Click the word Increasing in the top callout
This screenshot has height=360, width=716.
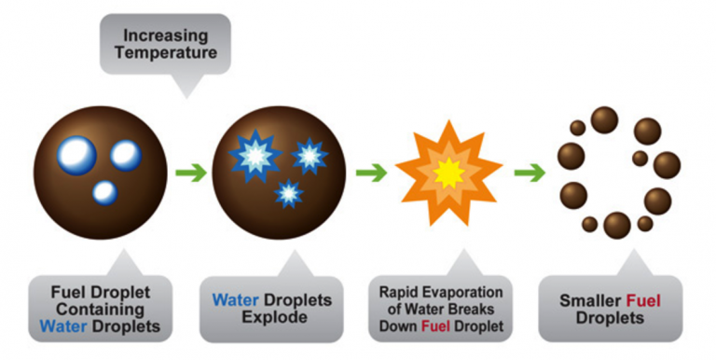point(165,35)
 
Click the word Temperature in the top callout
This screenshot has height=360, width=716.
point(166,52)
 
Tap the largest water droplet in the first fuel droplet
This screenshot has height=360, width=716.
point(76,156)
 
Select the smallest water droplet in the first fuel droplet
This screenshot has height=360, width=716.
point(105,193)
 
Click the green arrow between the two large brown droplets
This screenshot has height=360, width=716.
point(191,173)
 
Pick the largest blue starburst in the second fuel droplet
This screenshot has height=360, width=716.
point(255,157)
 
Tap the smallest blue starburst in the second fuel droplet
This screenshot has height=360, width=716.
point(289,194)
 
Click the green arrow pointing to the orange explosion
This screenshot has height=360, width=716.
point(371,173)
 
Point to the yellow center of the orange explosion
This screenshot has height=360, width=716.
point(448,173)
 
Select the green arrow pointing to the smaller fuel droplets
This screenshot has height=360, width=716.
point(530,173)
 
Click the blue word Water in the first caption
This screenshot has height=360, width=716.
point(64,326)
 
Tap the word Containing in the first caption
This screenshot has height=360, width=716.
point(101,310)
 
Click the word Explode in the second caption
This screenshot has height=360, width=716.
point(274,317)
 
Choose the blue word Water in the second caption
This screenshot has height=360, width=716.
point(236,300)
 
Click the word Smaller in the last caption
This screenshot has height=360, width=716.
point(591,300)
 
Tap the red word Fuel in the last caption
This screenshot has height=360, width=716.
point(644,300)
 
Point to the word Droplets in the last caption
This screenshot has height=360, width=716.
point(610,318)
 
